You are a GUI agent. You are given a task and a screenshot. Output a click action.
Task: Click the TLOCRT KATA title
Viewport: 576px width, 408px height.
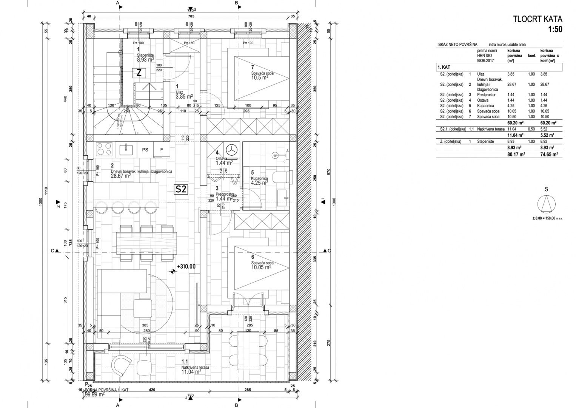(x=537, y=19)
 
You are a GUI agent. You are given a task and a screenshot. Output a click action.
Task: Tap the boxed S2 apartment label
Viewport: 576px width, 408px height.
(x=181, y=189)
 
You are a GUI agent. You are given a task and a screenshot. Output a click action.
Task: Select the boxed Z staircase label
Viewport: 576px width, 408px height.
(x=139, y=73)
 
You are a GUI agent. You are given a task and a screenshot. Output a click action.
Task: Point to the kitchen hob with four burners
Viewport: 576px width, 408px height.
(x=105, y=150)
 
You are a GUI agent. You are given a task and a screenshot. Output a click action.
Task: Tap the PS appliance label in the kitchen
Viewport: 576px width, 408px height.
(x=145, y=150)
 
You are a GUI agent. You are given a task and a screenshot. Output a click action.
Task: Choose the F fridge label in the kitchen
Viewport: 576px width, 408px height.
(x=162, y=150)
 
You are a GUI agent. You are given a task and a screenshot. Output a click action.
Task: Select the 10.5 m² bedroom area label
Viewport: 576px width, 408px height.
(x=259, y=77)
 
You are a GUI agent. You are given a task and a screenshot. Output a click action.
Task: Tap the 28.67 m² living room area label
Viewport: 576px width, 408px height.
(x=121, y=176)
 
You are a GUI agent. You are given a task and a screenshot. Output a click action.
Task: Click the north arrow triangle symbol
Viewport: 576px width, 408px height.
(x=547, y=204)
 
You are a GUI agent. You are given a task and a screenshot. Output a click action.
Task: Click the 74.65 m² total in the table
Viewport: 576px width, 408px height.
(x=549, y=155)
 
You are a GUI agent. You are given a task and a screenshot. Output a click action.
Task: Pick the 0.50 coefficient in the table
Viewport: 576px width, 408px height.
(x=531, y=129)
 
